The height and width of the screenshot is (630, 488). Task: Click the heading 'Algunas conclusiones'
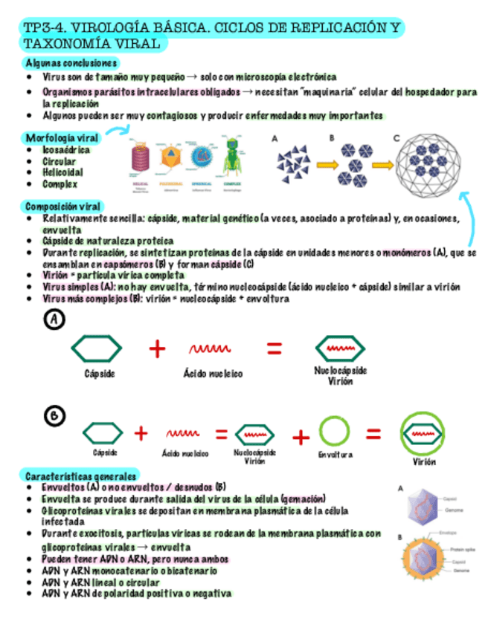(x=71, y=63)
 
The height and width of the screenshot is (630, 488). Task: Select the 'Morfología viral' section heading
(x=62, y=138)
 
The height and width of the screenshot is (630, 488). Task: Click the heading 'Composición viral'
(x=64, y=206)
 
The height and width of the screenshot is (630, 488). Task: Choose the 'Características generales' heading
(x=81, y=475)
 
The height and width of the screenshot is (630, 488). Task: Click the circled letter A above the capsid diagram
(x=55, y=320)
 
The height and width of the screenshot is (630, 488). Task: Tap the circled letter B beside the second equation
(x=55, y=418)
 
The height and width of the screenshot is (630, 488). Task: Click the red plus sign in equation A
(x=157, y=348)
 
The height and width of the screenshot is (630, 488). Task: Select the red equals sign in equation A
(x=274, y=348)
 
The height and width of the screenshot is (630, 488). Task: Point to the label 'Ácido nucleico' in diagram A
(x=213, y=374)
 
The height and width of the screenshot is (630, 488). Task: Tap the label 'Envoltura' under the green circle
(x=335, y=455)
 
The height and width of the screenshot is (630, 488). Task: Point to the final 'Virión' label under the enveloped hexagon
(x=425, y=462)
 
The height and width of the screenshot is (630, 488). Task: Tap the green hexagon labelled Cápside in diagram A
(x=97, y=348)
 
